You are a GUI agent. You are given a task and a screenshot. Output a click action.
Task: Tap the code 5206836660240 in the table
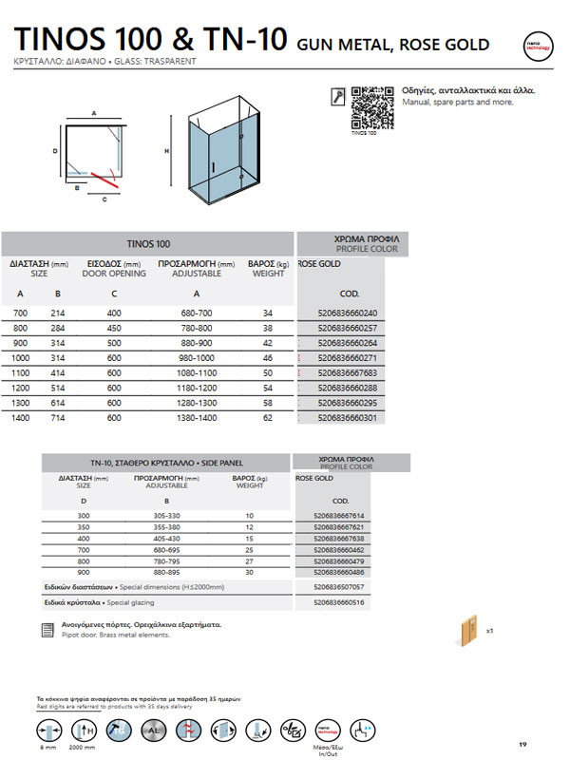tap(344, 313)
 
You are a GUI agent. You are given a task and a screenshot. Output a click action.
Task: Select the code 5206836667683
tap(344, 373)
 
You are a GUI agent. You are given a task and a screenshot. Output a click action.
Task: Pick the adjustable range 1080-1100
tap(196, 373)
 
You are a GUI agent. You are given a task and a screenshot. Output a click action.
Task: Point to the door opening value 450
tap(114, 329)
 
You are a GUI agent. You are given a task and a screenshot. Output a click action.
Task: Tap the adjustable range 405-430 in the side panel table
tap(166, 539)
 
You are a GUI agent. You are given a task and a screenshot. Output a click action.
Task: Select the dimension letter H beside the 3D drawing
tap(166, 151)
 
